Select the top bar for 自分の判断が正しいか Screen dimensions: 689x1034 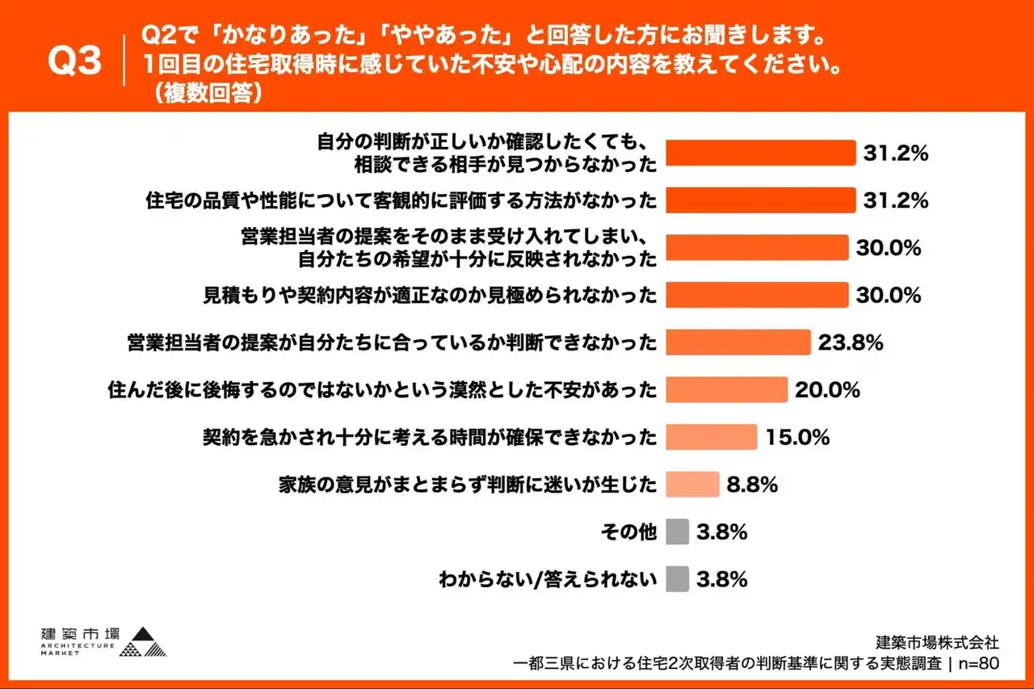pyautogui.click(x=759, y=153)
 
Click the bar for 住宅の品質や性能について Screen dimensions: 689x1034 pyautogui.click(x=759, y=200)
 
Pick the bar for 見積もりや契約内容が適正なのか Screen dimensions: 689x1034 pyautogui.click(x=756, y=295)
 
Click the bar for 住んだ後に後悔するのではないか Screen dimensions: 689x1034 pyautogui.click(x=726, y=389)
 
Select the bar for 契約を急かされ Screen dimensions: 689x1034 pyautogui.click(x=711, y=437)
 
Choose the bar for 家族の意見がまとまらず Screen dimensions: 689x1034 pyautogui.click(x=692, y=485)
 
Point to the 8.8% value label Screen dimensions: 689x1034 pyautogui.click(x=752, y=485)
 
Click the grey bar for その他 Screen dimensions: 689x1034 pyautogui.click(x=678, y=531)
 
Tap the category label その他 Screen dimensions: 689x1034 pyautogui.click(x=628, y=532)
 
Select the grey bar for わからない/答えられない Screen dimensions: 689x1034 pyautogui.click(x=678, y=579)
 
